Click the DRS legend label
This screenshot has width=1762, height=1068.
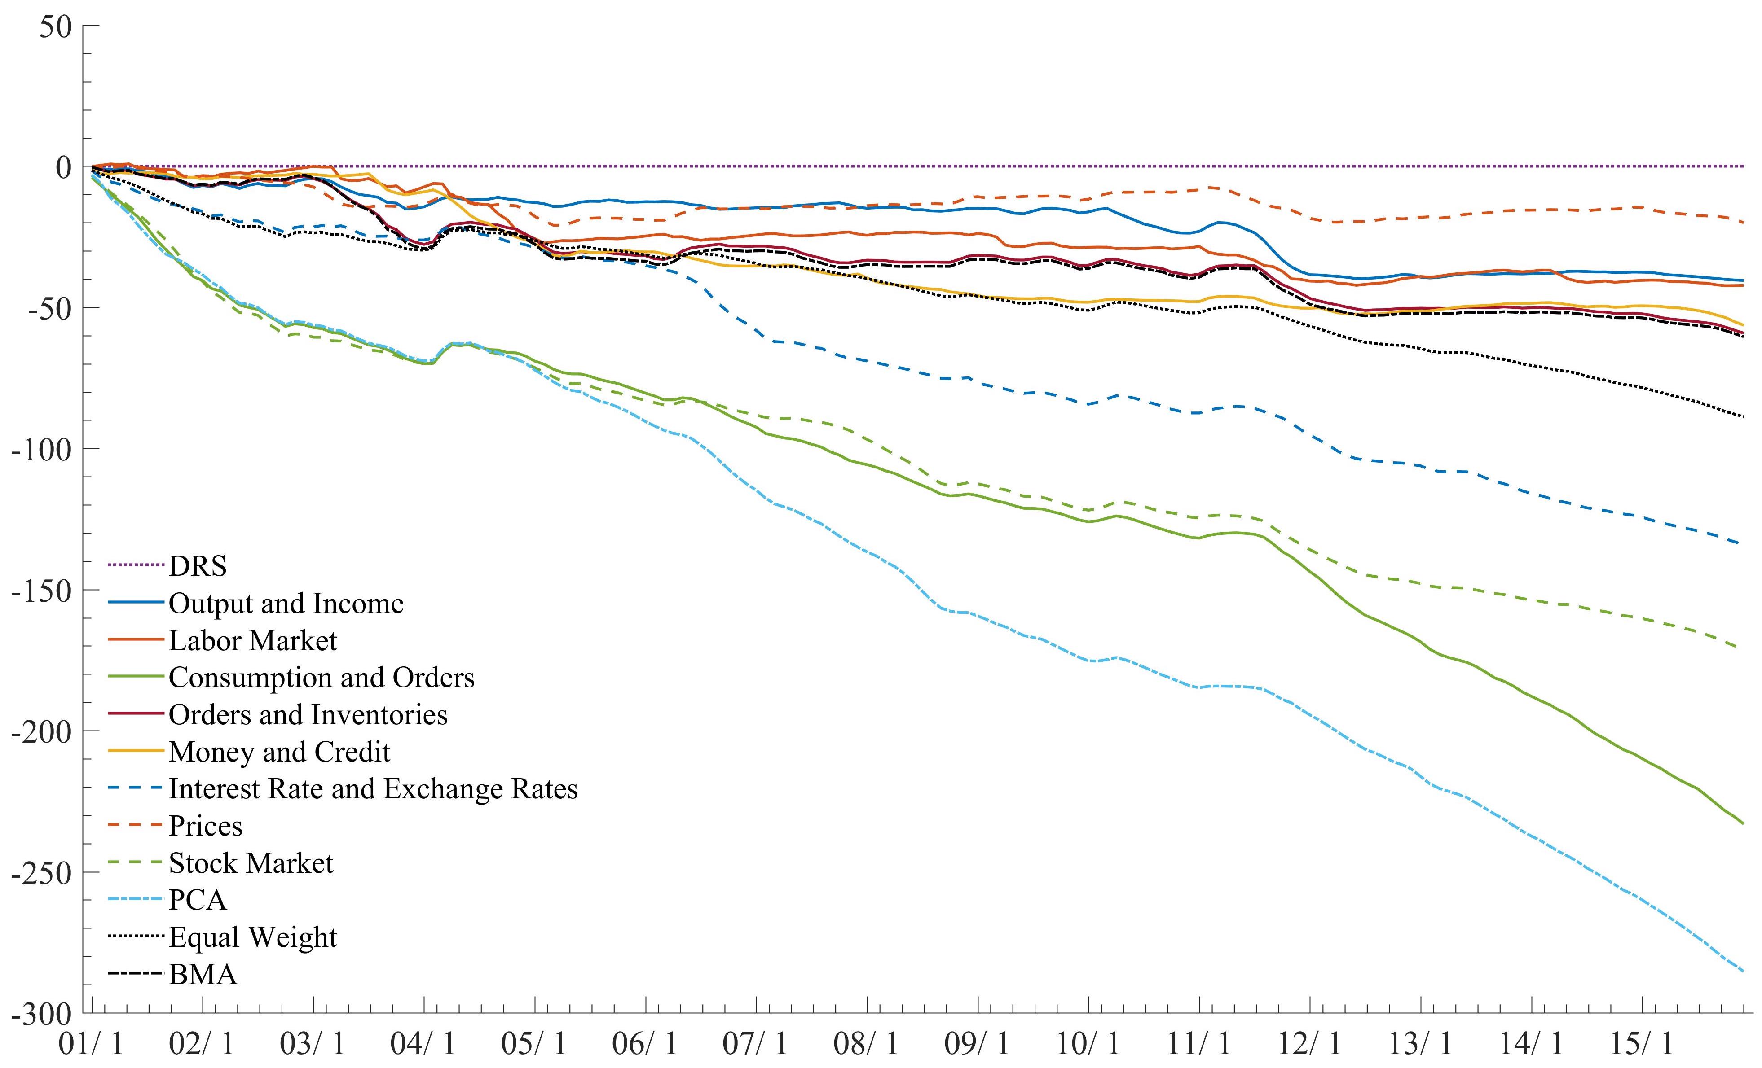point(198,566)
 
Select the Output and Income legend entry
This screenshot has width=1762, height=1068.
point(286,604)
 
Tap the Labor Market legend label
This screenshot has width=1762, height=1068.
point(252,640)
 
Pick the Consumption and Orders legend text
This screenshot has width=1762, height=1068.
point(321,678)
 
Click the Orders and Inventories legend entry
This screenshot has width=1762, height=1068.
point(308,715)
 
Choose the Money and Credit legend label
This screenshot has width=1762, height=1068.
point(280,752)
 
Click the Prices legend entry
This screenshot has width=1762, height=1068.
point(205,826)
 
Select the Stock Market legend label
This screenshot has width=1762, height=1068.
point(251,863)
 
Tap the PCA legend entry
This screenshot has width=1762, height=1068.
point(198,900)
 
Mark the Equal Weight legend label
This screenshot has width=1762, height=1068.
point(252,937)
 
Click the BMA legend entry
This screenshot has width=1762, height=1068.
point(203,974)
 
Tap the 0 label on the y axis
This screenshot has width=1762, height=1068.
point(64,167)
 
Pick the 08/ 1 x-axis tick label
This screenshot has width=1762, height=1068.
point(866,1044)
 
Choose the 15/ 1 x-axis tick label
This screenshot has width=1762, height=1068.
point(1641,1044)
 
